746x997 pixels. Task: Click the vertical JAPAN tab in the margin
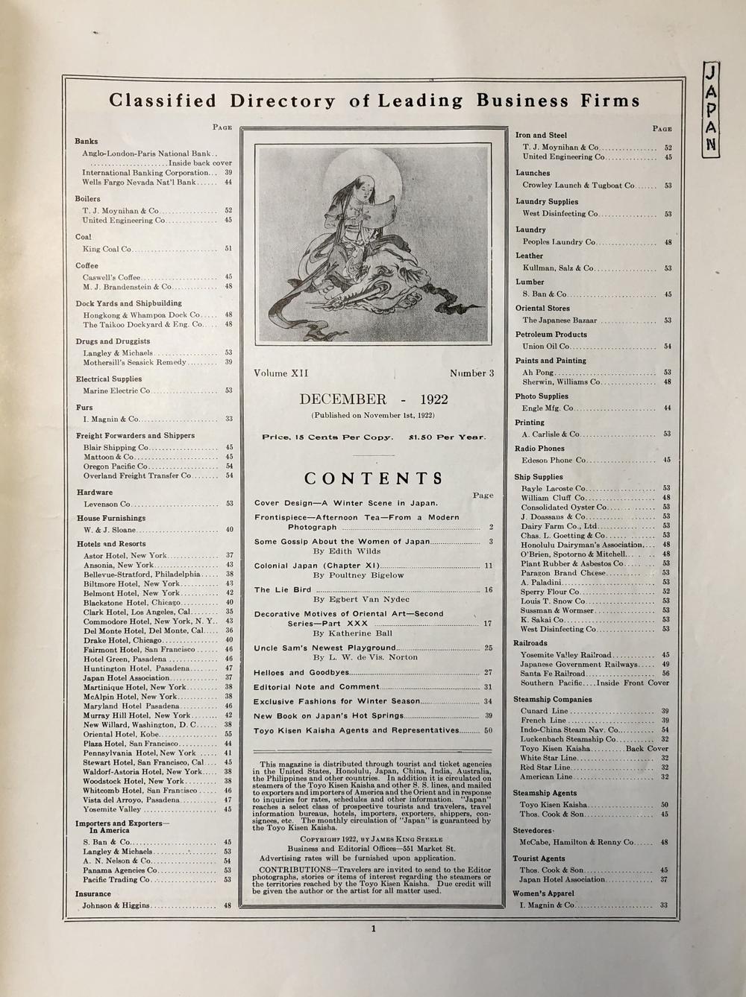[712, 107]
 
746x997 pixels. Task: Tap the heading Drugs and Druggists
[113, 341]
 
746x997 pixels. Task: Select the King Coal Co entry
[107, 249]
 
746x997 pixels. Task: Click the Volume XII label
[280, 373]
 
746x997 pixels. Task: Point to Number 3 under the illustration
[471, 373]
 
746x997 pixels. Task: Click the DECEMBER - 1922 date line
[373, 399]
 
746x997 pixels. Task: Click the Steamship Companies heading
[552, 700]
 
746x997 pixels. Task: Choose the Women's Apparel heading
[543, 893]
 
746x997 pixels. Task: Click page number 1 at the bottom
[373, 928]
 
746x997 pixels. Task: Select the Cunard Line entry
[545, 711]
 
